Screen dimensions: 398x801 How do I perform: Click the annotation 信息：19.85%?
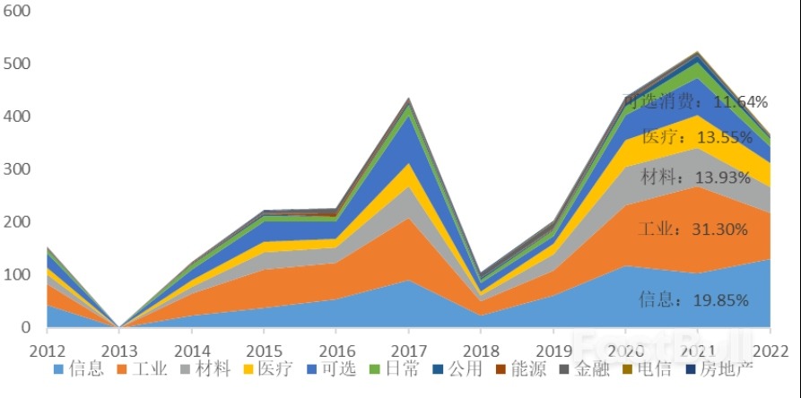click(x=692, y=300)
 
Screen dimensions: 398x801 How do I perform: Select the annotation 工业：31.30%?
click(x=692, y=229)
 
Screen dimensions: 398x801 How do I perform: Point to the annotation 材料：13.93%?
click(x=695, y=177)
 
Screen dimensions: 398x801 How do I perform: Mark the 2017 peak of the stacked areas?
click(x=408, y=99)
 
